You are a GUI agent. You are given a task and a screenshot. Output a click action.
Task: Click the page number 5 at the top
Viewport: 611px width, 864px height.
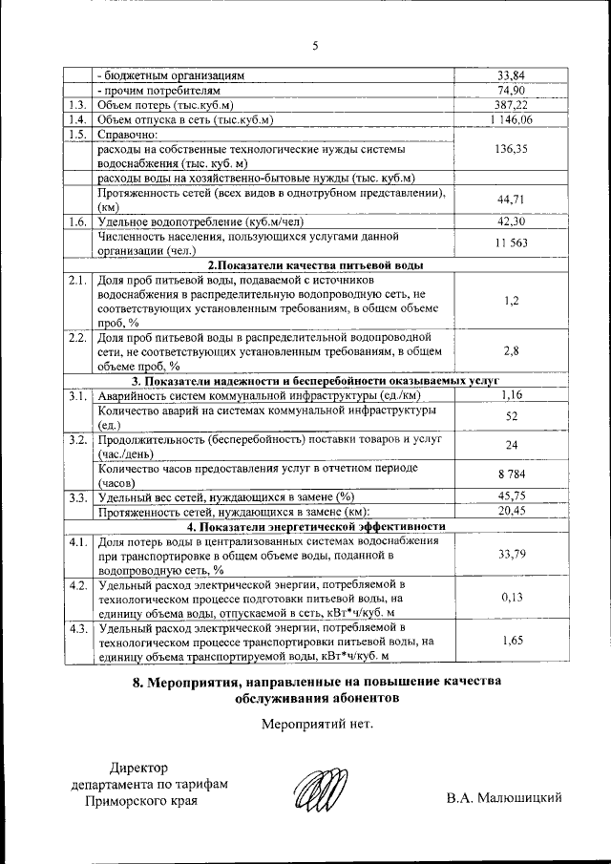pyautogui.click(x=314, y=45)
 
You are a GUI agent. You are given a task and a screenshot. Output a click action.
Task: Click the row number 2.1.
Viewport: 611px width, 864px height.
pyautogui.click(x=77, y=281)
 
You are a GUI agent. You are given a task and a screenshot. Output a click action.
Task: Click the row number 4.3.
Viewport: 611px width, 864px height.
pyautogui.click(x=77, y=628)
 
